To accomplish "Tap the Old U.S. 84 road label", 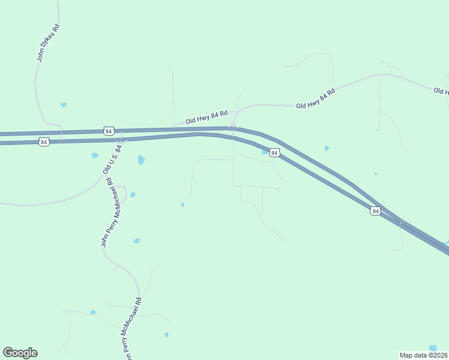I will click(112, 159).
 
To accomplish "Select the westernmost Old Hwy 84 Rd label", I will click(206, 117).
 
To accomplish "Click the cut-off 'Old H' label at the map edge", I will click(441, 91).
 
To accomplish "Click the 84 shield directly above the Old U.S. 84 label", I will click(108, 131).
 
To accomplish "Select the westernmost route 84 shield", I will click(43, 142).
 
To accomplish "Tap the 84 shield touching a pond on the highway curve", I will click(274, 153).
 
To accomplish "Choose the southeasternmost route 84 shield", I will click(375, 211).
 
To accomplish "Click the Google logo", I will click(20, 353).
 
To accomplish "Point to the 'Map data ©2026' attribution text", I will click(423, 355).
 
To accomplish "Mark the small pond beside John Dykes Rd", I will click(63, 105).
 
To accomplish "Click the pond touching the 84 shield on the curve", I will click(265, 152).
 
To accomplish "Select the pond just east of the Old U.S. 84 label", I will click(141, 160).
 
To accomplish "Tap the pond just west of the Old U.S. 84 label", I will click(95, 155).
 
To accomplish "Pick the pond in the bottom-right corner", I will click(433, 348).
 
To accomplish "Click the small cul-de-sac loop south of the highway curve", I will click(278, 190).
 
